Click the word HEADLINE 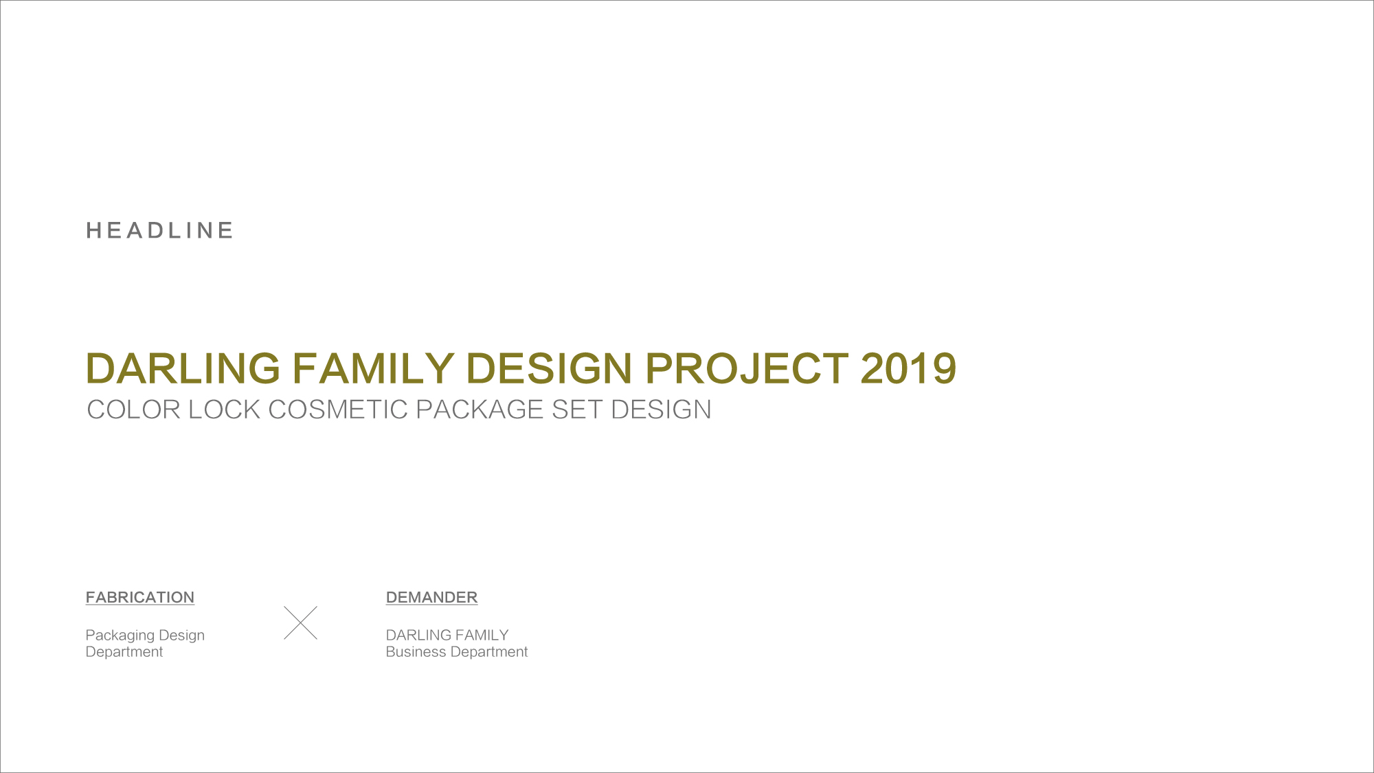pos(159,230)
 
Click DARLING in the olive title pos(183,368)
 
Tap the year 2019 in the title pos(908,368)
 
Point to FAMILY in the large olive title pos(373,368)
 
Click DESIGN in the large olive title pos(549,368)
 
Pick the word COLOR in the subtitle pos(133,410)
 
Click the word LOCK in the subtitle pos(224,410)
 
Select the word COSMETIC pos(338,410)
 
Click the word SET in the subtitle pos(577,410)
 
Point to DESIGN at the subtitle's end pos(661,410)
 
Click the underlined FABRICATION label pos(140,597)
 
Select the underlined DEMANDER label pos(431,597)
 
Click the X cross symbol pos(300,623)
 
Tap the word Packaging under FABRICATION pos(120,636)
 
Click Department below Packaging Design pos(124,652)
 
